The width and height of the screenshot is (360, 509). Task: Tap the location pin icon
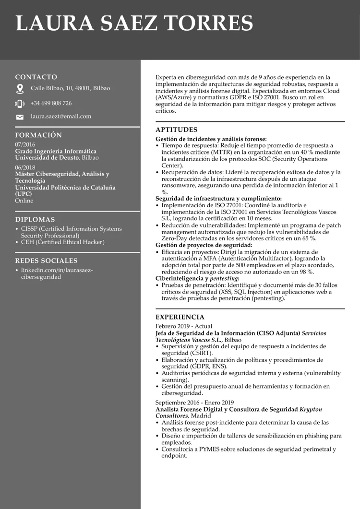[x=20, y=89]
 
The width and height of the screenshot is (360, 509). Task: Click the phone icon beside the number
[x=20, y=104]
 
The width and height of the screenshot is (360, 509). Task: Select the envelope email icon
[x=20, y=117]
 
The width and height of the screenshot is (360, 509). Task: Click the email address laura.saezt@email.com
[x=61, y=117]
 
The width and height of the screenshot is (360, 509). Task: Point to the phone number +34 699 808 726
[x=51, y=103]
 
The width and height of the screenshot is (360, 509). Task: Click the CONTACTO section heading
[x=36, y=77]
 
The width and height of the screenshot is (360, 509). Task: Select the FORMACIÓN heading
[x=38, y=135]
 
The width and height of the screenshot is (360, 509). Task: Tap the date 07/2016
[x=25, y=144]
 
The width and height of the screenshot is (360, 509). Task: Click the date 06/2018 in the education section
[x=25, y=167]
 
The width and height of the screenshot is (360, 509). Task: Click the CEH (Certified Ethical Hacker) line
[x=62, y=242]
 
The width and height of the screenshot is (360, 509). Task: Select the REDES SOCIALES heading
[x=46, y=261]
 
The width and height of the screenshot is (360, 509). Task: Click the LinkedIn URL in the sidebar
[x=57, y=273]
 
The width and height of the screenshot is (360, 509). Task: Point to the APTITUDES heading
[x=176, y=130]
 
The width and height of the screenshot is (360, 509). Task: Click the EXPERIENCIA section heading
[x=180, y=317]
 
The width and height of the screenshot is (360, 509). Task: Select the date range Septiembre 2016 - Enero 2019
[x=194, y=402]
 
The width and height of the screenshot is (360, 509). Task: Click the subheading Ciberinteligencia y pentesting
[x=197, y=278]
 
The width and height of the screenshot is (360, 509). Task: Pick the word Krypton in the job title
[x=311, y=409]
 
